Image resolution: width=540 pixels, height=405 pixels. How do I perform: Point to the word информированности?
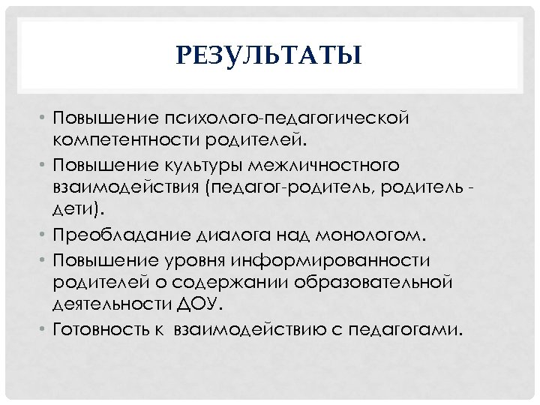(x=348, y=261)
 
